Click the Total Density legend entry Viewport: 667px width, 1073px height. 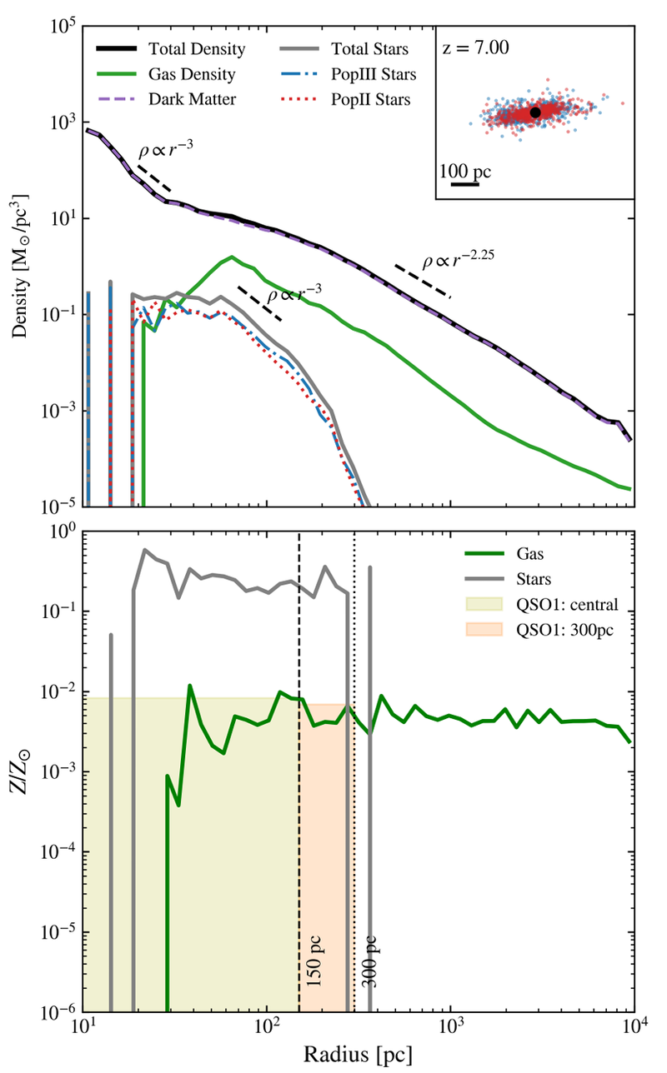(171, 49)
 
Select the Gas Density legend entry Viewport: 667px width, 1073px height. (166, 74)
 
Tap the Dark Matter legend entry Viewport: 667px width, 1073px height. (167, 99)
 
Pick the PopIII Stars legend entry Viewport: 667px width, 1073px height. (348, 74)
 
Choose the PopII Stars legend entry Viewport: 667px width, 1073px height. (345, 100)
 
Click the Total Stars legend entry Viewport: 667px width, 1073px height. (344, 49)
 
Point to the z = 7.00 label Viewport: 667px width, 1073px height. (476, 48)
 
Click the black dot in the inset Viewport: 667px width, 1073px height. (535, 112)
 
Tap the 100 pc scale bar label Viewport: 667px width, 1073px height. (465, 172)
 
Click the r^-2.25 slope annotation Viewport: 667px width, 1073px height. (458, 260)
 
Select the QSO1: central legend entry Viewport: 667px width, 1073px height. (542, 605)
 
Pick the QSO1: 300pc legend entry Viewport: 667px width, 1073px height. (539, 630)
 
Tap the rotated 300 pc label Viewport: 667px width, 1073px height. (369, 961)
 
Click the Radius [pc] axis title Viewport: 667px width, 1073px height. (358, 1055)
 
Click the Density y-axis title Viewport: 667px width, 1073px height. (20, 266)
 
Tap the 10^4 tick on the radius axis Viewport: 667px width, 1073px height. (634, 1027)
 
